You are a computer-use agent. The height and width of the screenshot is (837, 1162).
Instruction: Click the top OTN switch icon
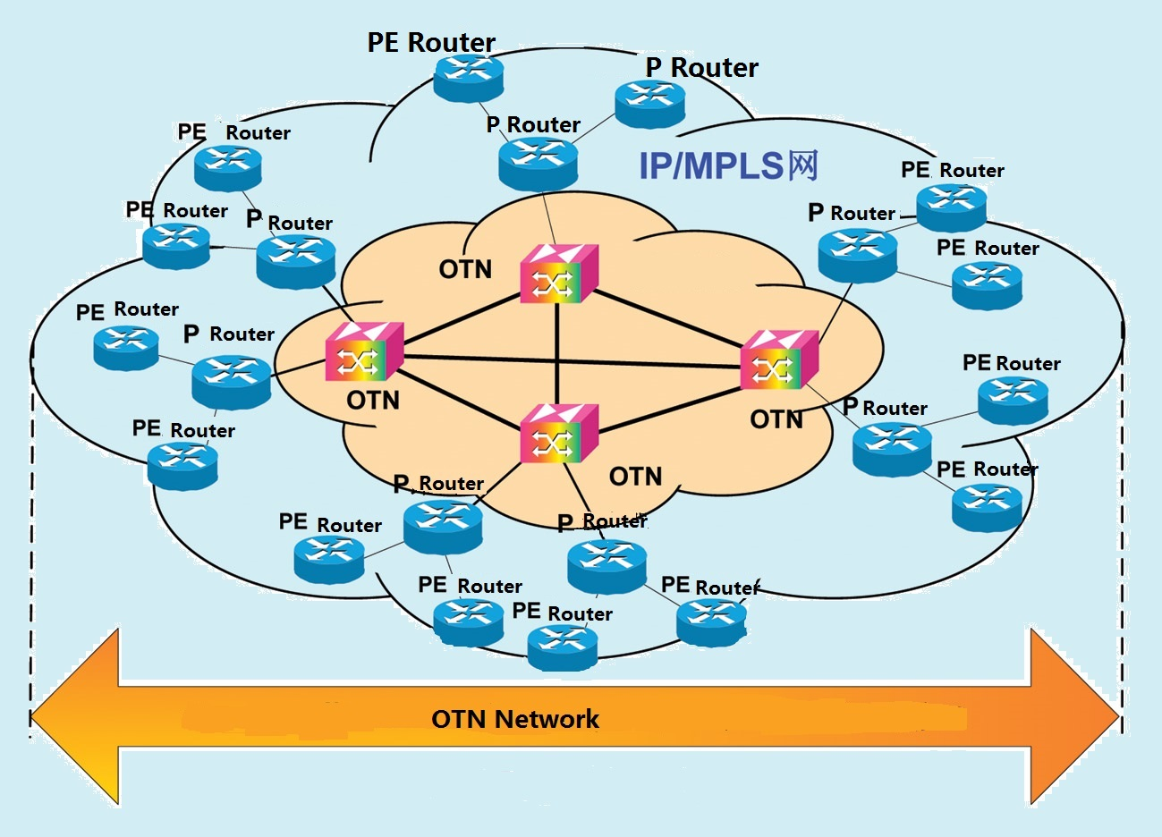pyautogui.click(x=558, y=274)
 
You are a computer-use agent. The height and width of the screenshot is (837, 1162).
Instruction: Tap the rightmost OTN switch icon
pyautogui.click(x=778, y=360)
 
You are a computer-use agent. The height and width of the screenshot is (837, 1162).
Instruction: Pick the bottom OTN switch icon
pyautogui.click(x=558, y=434)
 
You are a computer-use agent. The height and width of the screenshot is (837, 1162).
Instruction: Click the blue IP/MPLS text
pyautogui.click(x=711, y=166)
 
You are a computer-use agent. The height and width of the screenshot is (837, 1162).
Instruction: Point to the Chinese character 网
pyautogui.click(x=802, y=165)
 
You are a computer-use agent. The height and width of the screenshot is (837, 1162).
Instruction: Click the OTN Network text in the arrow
pyautogui.click(x=515, y=719)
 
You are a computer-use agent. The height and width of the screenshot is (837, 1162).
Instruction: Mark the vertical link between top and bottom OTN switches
pyautogui.click(x=556, y=353)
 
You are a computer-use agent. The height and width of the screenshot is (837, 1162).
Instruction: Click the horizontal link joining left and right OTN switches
pyautogui.click(x=573, y=359)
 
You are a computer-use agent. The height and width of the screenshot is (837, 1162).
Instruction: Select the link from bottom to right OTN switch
pyautogui.click(x=671, y=402)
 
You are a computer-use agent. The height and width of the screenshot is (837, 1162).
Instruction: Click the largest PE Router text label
pyautogui.click(x=431, y=42)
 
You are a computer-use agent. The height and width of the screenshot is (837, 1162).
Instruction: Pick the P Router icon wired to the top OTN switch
pyautogui.click(x=538, y=162)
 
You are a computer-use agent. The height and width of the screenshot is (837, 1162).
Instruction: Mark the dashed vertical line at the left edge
pyautogui.click(x=32, y=537)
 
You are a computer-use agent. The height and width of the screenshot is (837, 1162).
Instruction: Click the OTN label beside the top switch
pyautogui.click(x=465, y=269)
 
